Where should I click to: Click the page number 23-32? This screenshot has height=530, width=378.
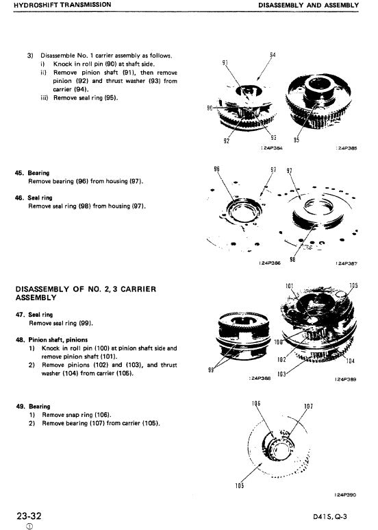pyautogui.click(x=30, y=514)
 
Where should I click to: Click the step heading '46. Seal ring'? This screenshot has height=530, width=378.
pyautogui.click(x=34, y=197)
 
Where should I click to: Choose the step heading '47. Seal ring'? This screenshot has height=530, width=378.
pyautogui.click(x=34, y=314)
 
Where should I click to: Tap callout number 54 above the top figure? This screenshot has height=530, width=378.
pyautogui.click(x=273, y=55)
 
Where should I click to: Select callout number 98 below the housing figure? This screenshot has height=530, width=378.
pyautogui.click(x=275, y=260)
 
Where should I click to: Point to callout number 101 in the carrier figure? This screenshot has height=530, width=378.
pyautogui.click(x=289, y=285)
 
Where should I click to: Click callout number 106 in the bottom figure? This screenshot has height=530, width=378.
pyautogui.click(x=257, y=406)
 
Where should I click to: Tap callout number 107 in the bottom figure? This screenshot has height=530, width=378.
pyautogui.click(x=308, y=406)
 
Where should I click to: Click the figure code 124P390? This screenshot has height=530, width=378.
pyautogui.click(x=346, y=494)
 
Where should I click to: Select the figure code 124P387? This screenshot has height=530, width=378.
pyautogui.click(x=346, y=263)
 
